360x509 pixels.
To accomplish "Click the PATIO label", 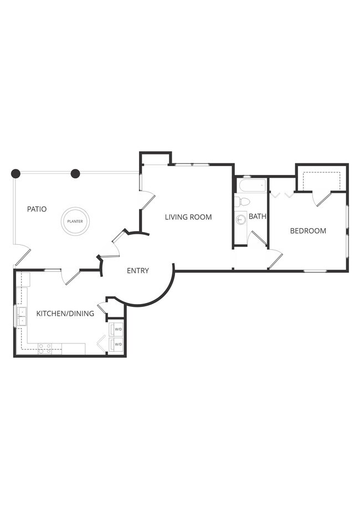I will (37, 209).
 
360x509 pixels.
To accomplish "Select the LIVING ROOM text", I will (188, 217).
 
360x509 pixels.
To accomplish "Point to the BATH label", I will (258, 217).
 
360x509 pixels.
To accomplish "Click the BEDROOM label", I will (308, 230).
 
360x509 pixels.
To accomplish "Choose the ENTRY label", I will (138, 270).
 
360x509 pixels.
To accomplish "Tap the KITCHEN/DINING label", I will (65, 313).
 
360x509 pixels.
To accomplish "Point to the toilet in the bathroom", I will (242, 201).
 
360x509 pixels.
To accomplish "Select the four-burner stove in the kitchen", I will (45, 348).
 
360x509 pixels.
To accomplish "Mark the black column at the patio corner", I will (16, 173).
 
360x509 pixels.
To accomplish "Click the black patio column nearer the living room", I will (75, 173).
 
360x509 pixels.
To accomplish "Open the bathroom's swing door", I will (256, 239).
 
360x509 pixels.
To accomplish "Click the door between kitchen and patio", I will (70, 276).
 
